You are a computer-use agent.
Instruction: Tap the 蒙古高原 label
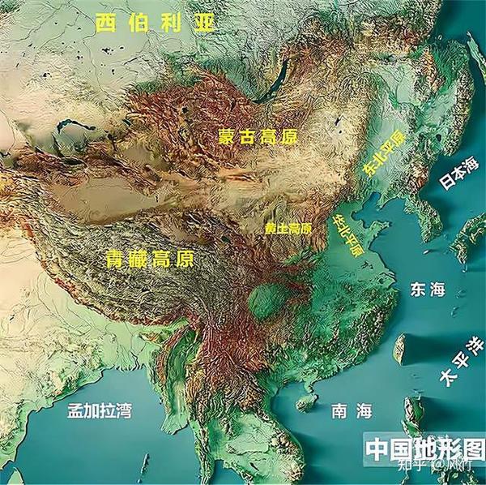[x=258, y=136]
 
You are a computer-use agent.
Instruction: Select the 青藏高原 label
[x=151, y=260]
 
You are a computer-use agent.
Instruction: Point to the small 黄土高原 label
[x=288, y=229]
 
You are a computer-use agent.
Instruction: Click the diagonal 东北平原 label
[x=383, y=153]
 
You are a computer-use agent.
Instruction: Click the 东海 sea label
[x=428, y=290]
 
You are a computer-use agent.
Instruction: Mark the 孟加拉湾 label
[x=100, y=411]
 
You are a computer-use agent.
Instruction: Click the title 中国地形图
[x=424, y=449]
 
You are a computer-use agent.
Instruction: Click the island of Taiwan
[x=399, y=349]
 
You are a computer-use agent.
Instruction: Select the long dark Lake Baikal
[x=279, y=77]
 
